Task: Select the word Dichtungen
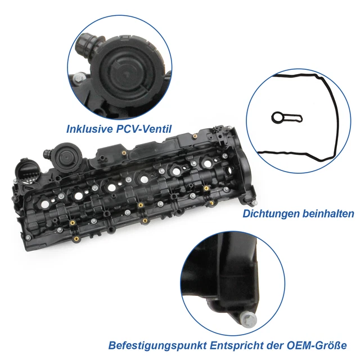click(x=269, y=214)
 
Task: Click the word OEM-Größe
click(x=318, y=345)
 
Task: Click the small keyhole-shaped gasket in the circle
click(x=280, y=118)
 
